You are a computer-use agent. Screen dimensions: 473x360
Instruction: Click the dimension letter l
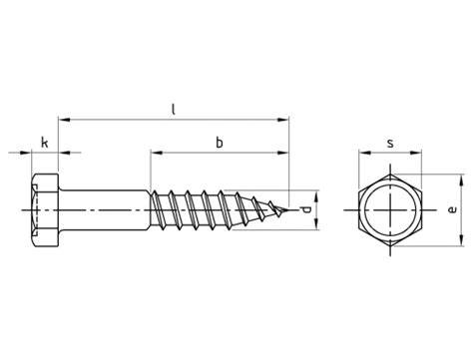(x=173, y=110)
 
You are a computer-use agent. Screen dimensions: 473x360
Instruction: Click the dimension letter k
(x=45, y=143)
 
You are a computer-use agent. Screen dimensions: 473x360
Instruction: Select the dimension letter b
(x=220, y=143)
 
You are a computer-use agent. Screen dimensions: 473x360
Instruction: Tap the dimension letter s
(x=390, y=144)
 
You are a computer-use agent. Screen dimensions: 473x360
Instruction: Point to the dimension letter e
(x=453, y=209)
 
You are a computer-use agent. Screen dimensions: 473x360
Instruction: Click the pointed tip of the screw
(x=288, y=210)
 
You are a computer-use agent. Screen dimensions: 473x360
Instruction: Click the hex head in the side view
(x=46, y=210)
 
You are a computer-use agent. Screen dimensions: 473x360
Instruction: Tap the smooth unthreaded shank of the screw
(x=105, y=210)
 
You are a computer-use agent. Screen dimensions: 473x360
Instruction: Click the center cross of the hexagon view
(x=390, y=210)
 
